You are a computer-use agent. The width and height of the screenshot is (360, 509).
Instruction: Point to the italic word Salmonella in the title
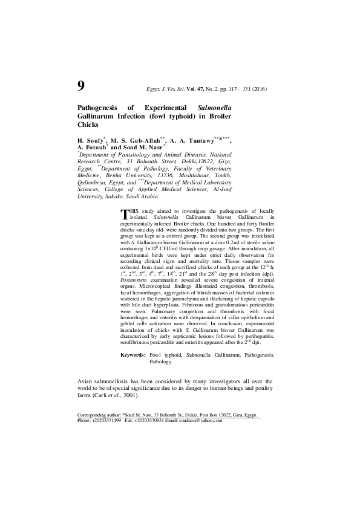point(220,106)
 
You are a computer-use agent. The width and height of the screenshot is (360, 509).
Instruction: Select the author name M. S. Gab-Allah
point(134,140)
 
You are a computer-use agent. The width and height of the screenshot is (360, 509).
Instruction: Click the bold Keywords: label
point(133,355)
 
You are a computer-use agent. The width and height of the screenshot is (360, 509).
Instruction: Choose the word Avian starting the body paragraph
point(87,381)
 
